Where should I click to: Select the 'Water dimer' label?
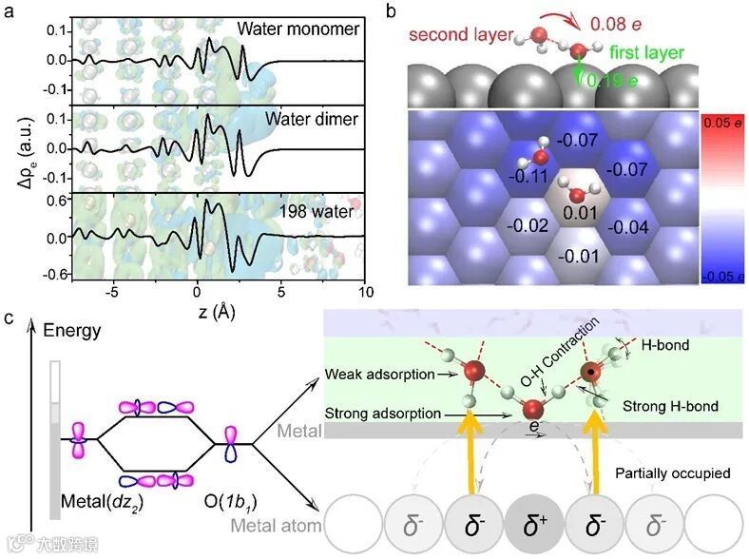tap(312, 120)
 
